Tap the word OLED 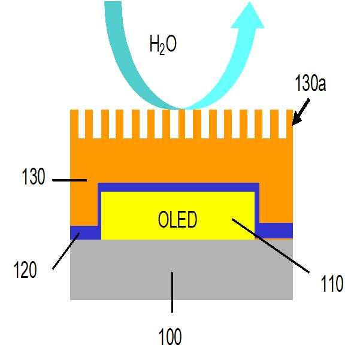coord(177,220)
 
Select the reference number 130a coord(311,84)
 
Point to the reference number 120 coord(25,270)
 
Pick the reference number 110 coord(331,283)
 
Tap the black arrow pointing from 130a coord(299,113)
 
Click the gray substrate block coord(120,270)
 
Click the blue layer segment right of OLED coord(276,231)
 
